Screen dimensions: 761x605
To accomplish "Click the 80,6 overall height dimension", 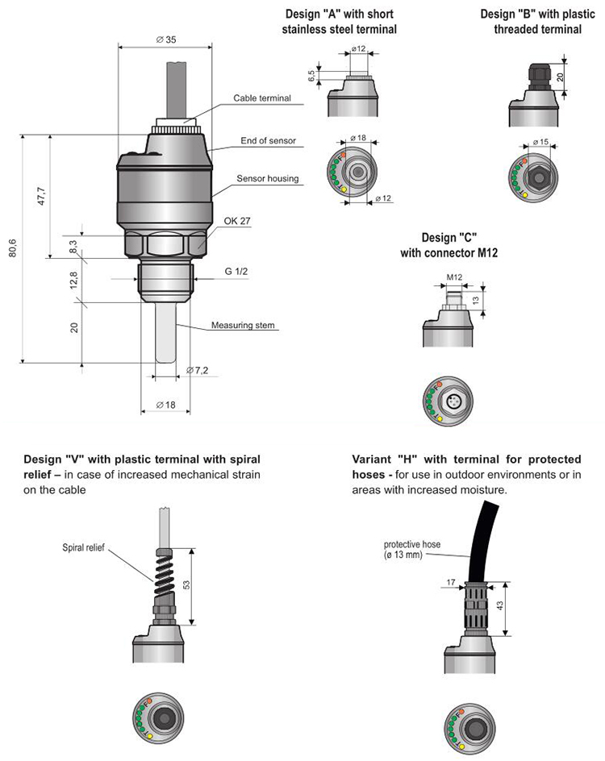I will click(13, 251).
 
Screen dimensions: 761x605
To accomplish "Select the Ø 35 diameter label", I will click(165, 40).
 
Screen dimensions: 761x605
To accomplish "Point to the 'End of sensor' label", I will click(269, 140).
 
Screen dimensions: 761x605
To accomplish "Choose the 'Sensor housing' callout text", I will click(267, 178).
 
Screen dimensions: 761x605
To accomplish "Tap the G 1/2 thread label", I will click(237, 272).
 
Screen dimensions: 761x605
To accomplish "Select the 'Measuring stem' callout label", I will click(244, 326).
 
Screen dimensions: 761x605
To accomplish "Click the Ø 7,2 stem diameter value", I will click(198, 370).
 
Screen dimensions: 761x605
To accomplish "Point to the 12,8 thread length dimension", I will click(73, 280).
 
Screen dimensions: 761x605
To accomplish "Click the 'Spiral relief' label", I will click(85, 547).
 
